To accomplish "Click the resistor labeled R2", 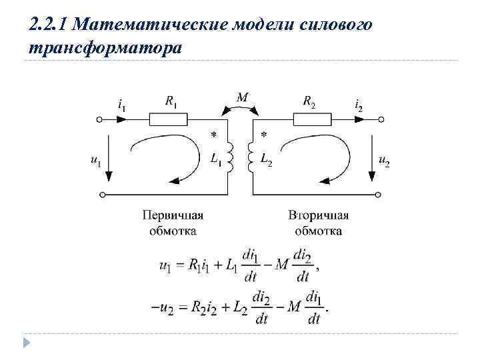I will coord(313,120).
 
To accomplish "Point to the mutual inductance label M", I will coord(242,98).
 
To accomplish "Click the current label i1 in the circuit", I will coord(121,105).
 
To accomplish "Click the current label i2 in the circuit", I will coord(359,105).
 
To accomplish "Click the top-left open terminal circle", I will coord(100,120).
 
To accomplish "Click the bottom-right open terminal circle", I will coord(379,195).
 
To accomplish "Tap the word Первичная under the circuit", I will coord(172,215).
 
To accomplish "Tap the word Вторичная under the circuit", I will coord(319,215).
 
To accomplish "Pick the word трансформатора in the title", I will coord(105,49).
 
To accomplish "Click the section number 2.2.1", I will coord(49,25).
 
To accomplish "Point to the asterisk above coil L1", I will coord(213,135).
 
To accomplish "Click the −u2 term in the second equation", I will coord(163,308).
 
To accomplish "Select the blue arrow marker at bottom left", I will coord(27,343).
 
